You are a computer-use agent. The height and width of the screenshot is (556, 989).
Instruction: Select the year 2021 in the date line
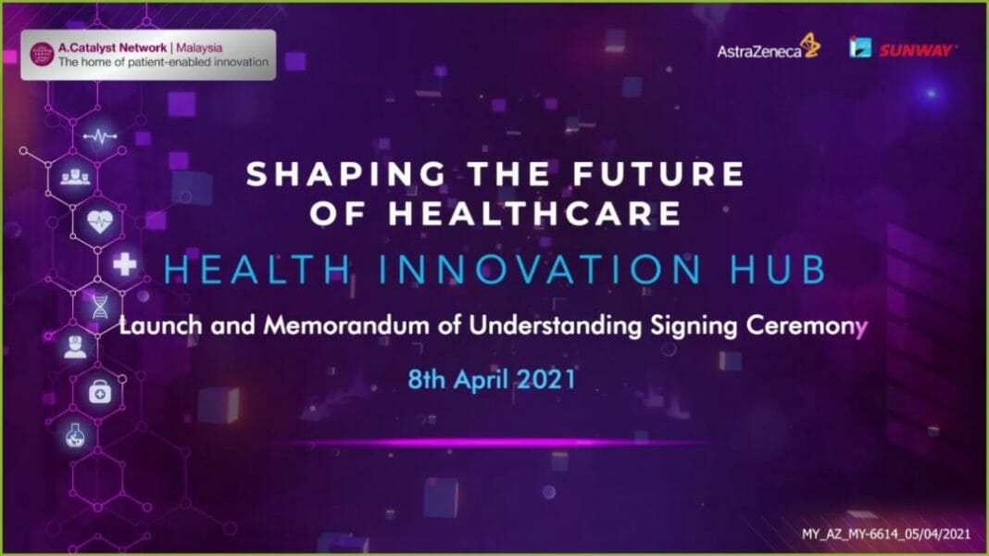[545, 380]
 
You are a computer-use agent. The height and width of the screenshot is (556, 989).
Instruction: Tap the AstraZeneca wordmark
[758, 52]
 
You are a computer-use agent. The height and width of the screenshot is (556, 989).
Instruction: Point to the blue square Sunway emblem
[860, 47]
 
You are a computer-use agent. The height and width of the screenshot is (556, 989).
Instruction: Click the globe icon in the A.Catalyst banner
[42, 54]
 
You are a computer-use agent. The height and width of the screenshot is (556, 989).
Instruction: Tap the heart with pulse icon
[99, 222]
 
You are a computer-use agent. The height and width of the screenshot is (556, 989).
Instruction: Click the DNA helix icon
[99, 306]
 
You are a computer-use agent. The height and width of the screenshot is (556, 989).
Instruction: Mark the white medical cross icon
[124, 265]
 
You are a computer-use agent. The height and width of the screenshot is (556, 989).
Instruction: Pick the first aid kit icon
[99, 391]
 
